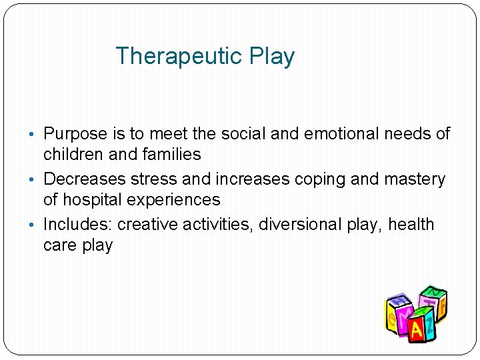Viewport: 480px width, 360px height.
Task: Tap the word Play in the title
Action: coord(272,56)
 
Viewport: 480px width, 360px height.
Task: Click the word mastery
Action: coord(413,179)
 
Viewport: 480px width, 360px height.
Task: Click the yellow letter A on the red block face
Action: coord(416,329)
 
